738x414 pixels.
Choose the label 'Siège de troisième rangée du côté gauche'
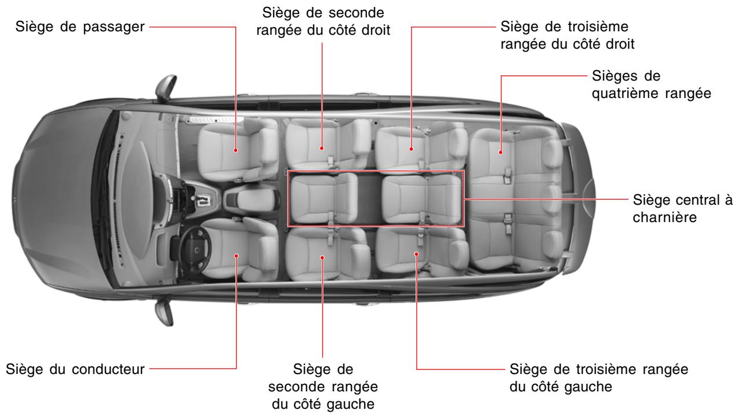tap(598, 377)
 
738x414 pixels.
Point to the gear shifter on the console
tap(204, 200)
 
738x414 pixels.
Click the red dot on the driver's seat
tap(237, 255)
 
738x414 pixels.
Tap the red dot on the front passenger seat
tap(237, 150)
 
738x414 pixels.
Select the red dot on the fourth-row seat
tap(500, 152)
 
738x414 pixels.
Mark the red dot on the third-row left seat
tap(417, 253)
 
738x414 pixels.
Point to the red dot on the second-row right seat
tap(322, 148)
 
